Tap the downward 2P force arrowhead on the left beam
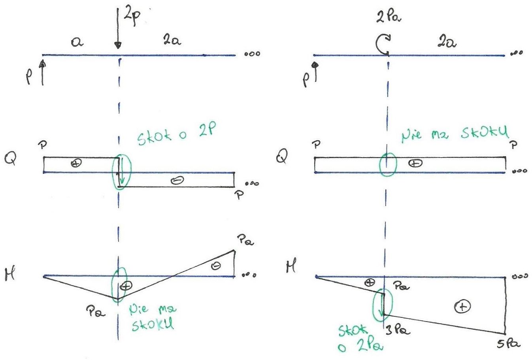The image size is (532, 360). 118,45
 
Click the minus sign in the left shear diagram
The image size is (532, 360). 177,180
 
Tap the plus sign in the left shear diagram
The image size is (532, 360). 76,163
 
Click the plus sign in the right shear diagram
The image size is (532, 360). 415,163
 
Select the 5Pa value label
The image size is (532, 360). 508,344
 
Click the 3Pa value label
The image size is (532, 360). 397,330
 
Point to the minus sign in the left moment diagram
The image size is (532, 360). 215,266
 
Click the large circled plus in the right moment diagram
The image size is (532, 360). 462,307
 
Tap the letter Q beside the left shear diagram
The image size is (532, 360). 10,157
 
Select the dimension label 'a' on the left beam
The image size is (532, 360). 77,42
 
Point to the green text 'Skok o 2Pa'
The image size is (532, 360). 360,338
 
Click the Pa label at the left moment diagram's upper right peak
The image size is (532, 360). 245,240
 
